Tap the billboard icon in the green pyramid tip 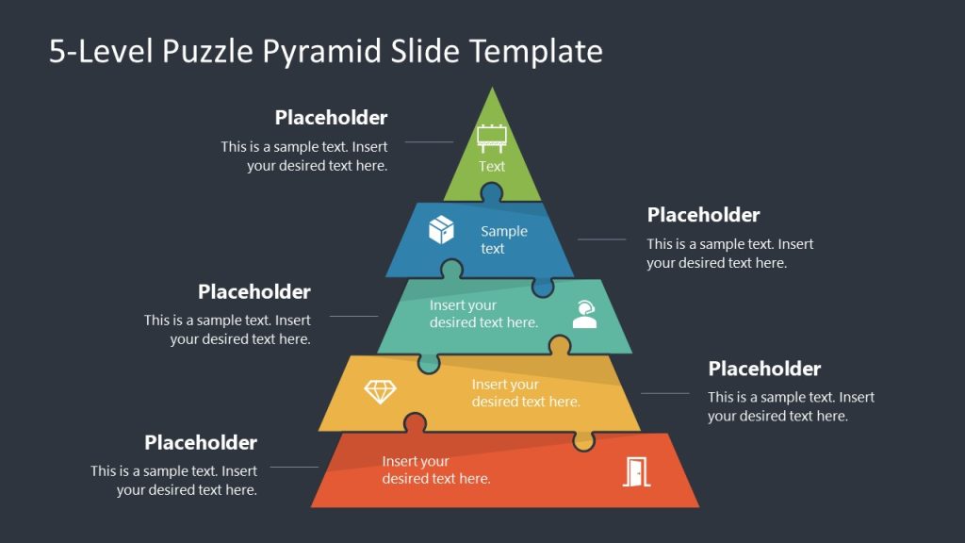492,138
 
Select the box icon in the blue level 441,230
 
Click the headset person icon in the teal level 584,313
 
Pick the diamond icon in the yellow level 380,391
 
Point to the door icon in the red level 636,470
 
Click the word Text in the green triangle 492,167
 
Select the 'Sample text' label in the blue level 504,239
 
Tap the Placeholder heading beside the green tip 331,118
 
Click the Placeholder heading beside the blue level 703,215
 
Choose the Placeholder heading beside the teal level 254,292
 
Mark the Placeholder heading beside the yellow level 764,369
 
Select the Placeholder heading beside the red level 201,443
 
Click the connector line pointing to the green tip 429,142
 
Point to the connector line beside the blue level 601,239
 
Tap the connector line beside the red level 294,467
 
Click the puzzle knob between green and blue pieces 491,194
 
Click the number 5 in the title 57,51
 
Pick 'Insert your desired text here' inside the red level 435,470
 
